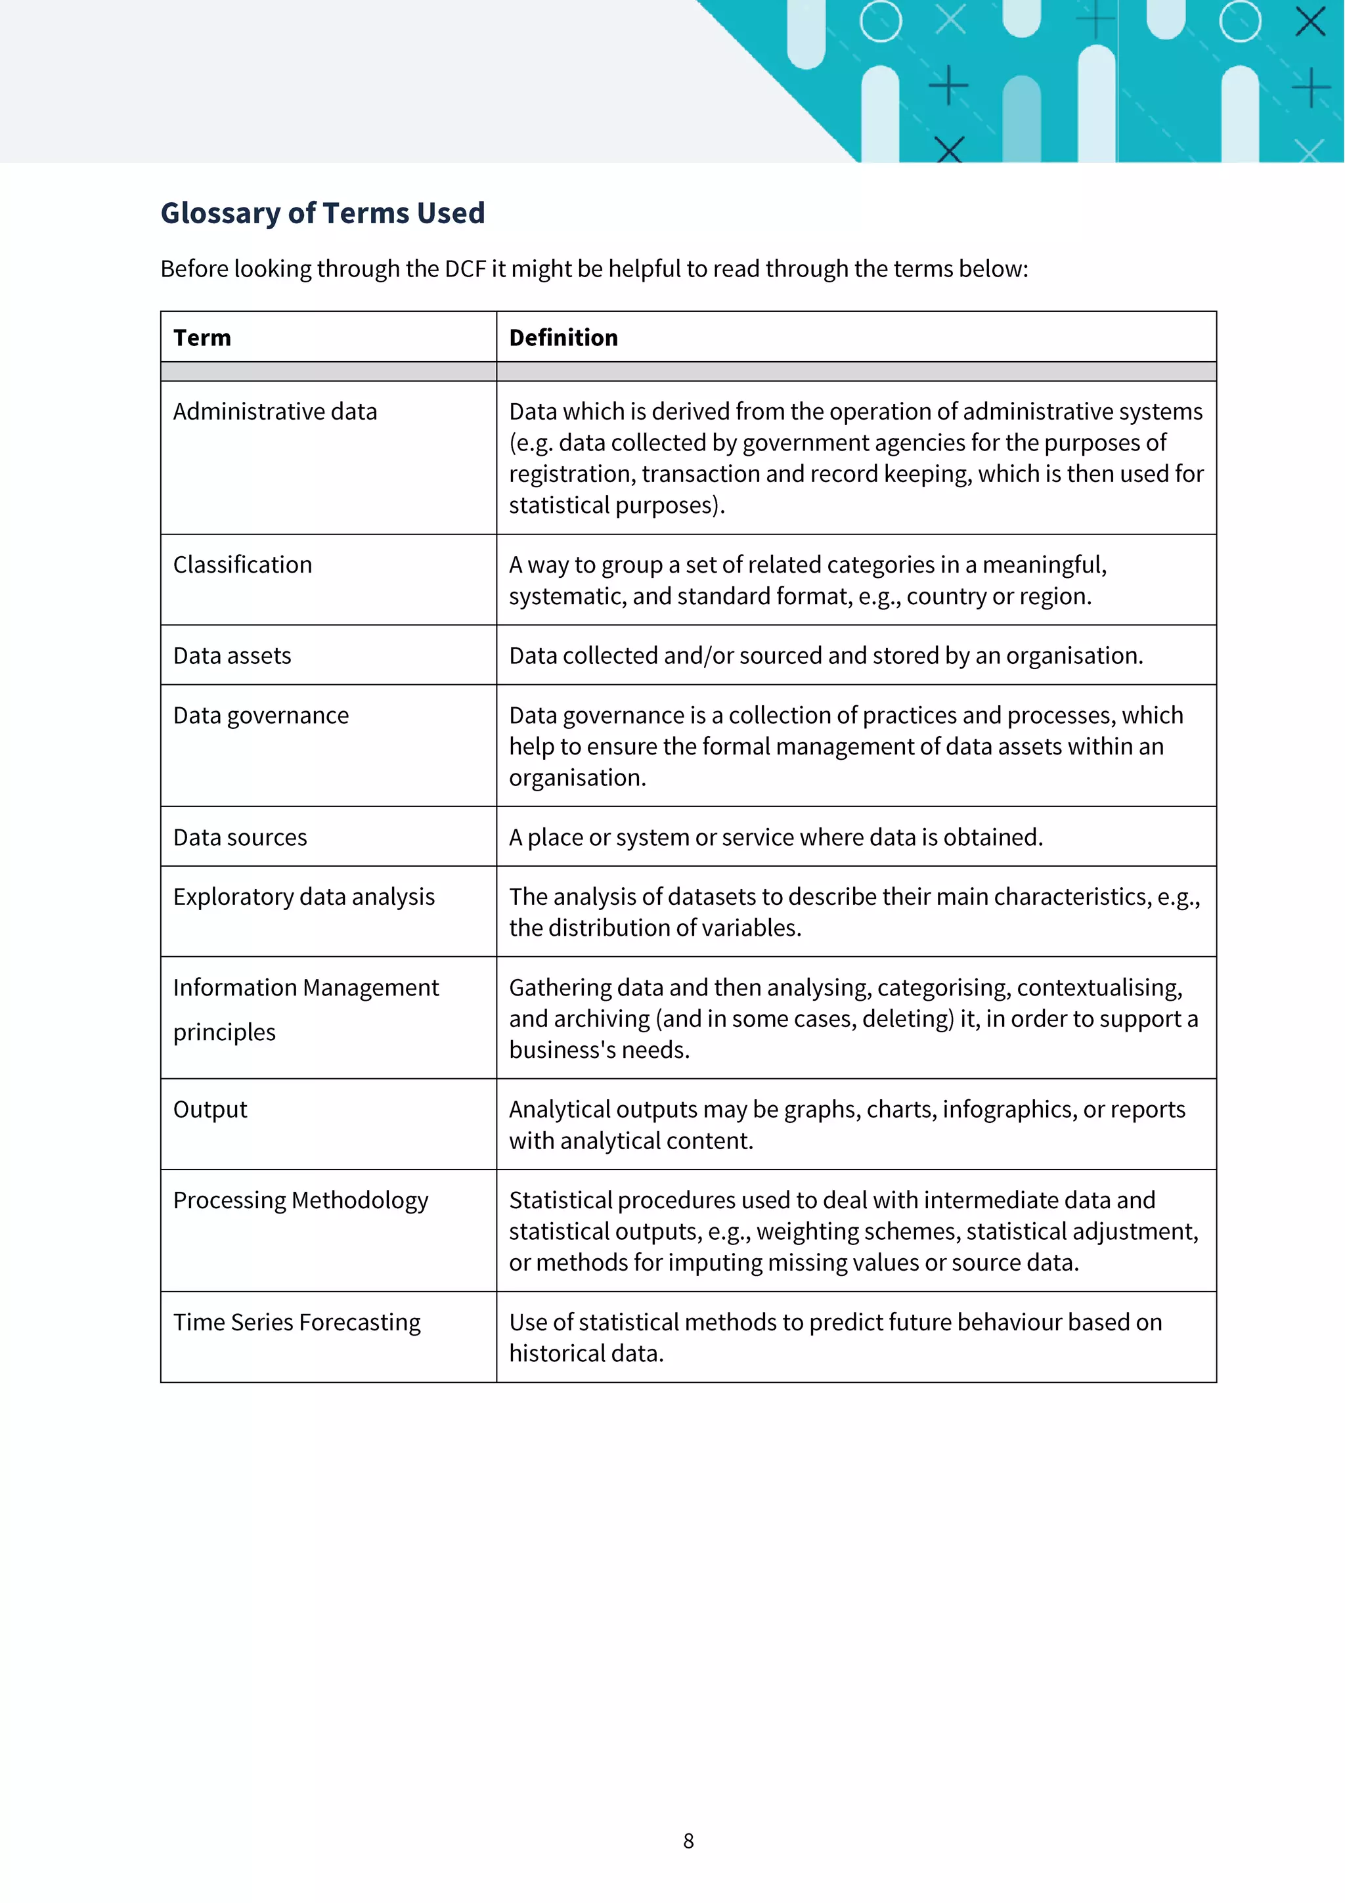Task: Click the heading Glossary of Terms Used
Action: point(322,213)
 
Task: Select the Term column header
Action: point(202,338)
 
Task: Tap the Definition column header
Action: point(563,338)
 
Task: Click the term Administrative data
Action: point(275,411)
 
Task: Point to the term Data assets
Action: point(232,655)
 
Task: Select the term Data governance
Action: point(260,715)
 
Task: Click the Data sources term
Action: point(240,837)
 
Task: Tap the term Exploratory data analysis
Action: point(303,897)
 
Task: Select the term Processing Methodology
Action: point(300,1200)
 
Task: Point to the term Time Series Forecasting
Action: point(297,1322)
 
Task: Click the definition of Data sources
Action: point(776,837)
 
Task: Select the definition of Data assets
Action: point(826,655)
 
